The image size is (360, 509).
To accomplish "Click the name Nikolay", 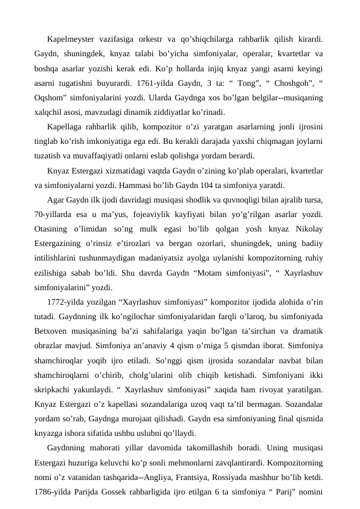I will pyautogui.click(x=306, y=225).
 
